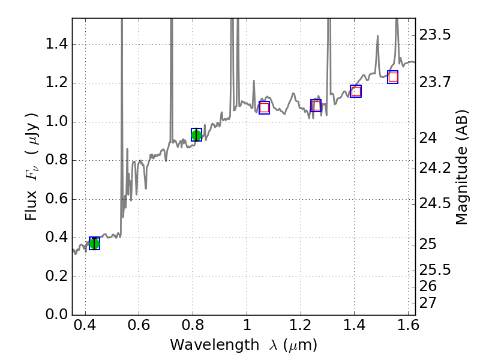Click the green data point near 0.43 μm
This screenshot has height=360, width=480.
pos(94,243)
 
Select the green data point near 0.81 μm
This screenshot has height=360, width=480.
pos(196,135)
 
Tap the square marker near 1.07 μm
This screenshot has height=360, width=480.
pos(264,108)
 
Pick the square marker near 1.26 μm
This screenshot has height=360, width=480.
pos(316,106)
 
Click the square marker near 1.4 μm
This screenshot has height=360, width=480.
pos(356,91)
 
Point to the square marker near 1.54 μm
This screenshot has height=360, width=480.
pos(393,77)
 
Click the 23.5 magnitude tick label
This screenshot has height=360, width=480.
pos(434,35)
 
